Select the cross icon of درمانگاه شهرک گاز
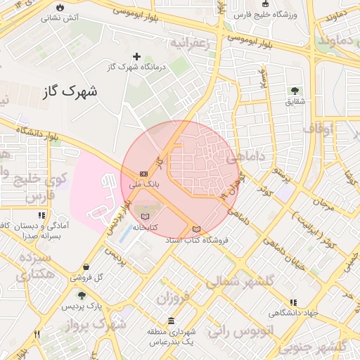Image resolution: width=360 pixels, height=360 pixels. coord(136,56)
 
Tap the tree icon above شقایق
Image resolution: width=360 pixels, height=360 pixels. coord(294,91)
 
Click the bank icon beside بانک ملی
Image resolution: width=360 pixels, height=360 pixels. coord(143,173)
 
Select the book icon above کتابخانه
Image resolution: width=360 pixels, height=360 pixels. coord(146,216)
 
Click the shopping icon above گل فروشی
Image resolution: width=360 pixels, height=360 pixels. coord(86,267)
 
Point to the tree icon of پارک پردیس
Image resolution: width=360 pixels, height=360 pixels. coord(82,297)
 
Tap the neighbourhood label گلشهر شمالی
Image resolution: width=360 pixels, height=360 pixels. coord(243,282)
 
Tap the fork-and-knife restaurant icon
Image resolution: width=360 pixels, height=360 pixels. coord(37,335)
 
